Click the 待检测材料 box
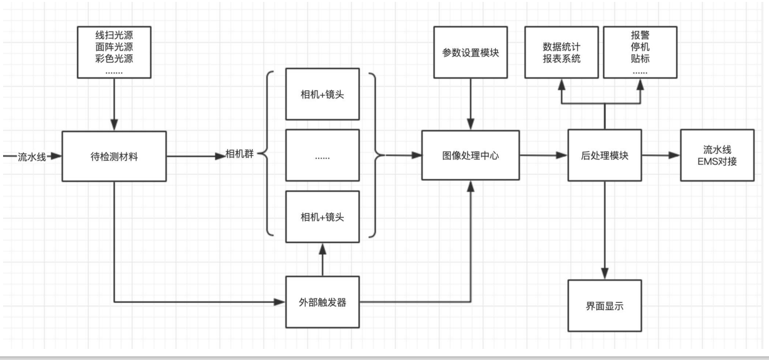[x=114, y=156]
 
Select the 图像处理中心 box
[x=470, y=155]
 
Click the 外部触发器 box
[x=322, y=302]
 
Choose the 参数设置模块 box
[x=470, y=52]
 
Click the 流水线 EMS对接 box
[x=717, y=155]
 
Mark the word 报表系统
[x=561, y=59]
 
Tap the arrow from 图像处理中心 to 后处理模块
[x=543, y=156]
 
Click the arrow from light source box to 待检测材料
[x=114, y=105]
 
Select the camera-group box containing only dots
[x=322, y=156]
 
